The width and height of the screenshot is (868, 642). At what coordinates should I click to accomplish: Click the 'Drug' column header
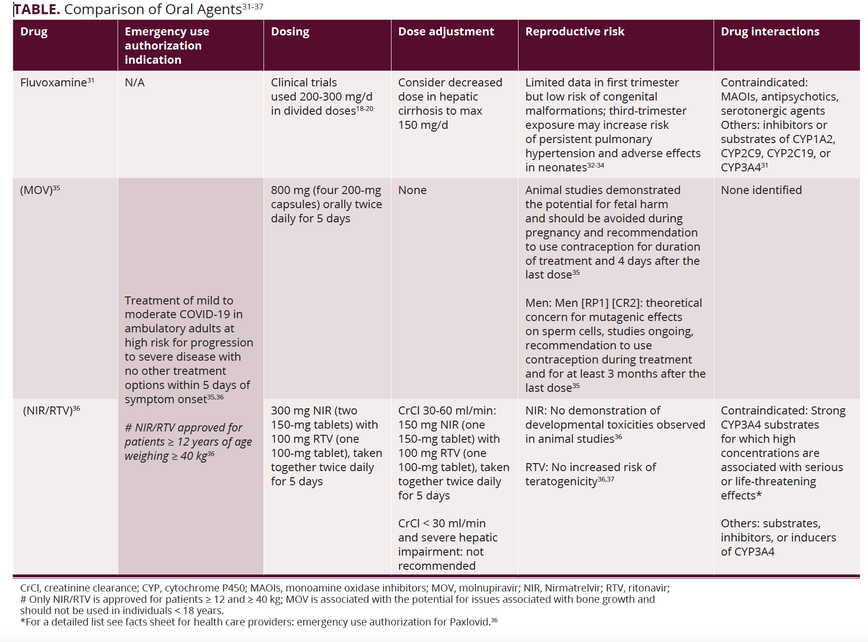34,32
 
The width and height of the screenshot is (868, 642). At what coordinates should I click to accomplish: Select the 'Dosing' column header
290,32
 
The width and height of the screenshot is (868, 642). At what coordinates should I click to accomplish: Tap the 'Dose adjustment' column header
446,32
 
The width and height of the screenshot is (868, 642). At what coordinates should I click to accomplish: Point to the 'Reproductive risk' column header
575,32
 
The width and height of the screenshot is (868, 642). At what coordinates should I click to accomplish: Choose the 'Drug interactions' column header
770,32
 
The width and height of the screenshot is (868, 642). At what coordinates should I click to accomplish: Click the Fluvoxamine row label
53,83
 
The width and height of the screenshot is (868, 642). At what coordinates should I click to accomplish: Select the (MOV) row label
36,190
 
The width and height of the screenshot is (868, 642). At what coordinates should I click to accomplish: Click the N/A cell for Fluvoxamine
135,83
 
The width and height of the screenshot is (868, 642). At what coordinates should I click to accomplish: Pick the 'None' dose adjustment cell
412,190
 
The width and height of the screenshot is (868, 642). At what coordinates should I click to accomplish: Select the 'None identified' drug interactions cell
761,190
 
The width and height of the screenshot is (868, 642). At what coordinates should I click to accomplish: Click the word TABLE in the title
37,9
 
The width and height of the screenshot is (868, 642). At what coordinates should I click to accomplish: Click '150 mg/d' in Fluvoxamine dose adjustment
423,125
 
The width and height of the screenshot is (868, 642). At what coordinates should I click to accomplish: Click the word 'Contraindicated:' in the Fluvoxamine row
764,83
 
